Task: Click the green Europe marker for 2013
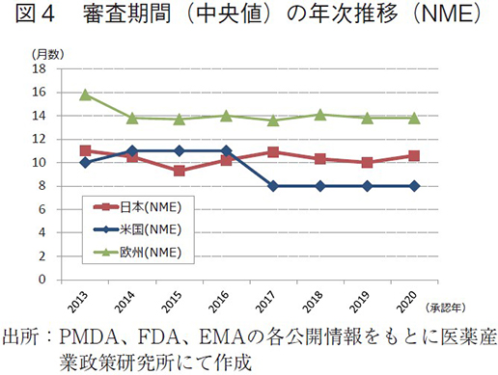click(x=85, y=94)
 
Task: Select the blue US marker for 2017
click(x=273, y=186)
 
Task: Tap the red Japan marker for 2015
click(x=180, y=171)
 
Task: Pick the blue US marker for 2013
click(x=85, y=162)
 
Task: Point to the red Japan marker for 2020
click(x=414, y=155)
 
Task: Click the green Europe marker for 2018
click(x=320, y=115)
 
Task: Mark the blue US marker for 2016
click(x=227, y=150)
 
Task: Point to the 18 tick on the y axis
click(x=40, y=69)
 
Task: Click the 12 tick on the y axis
click(x=40, y=139)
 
